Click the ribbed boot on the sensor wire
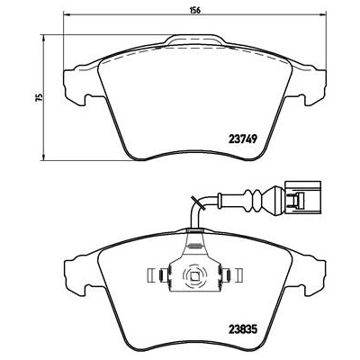263,195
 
